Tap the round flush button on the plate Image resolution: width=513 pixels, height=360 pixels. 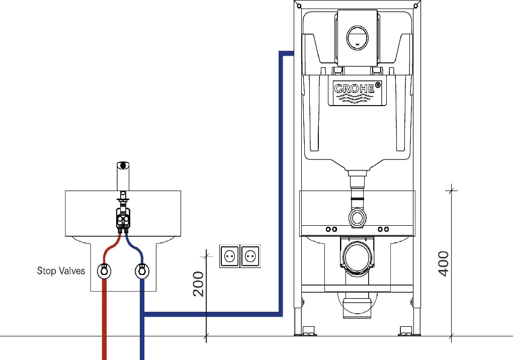point(357,38)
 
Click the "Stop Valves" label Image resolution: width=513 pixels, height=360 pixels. point(61,271)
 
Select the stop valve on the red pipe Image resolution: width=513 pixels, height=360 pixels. point(105,271)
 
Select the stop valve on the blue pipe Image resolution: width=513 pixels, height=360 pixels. point(142,271)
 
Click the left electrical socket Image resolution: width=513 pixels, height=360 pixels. point(230,256)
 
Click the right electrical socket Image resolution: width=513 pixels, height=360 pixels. point(250,256)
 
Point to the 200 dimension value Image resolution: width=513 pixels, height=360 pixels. point(199,284)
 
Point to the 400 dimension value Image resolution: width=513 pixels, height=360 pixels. point(443,263)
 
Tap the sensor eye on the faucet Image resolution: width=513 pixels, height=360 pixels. point(123,165)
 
